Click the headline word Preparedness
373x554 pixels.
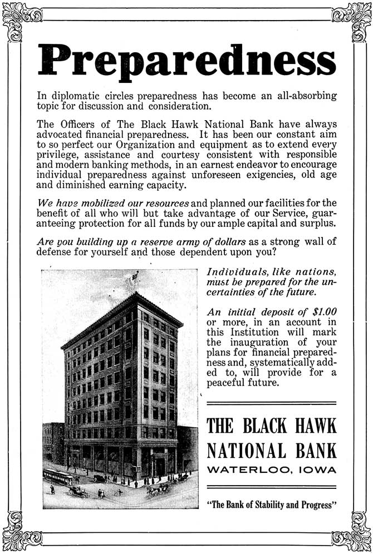pyautogui.click(x=186, y=57)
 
